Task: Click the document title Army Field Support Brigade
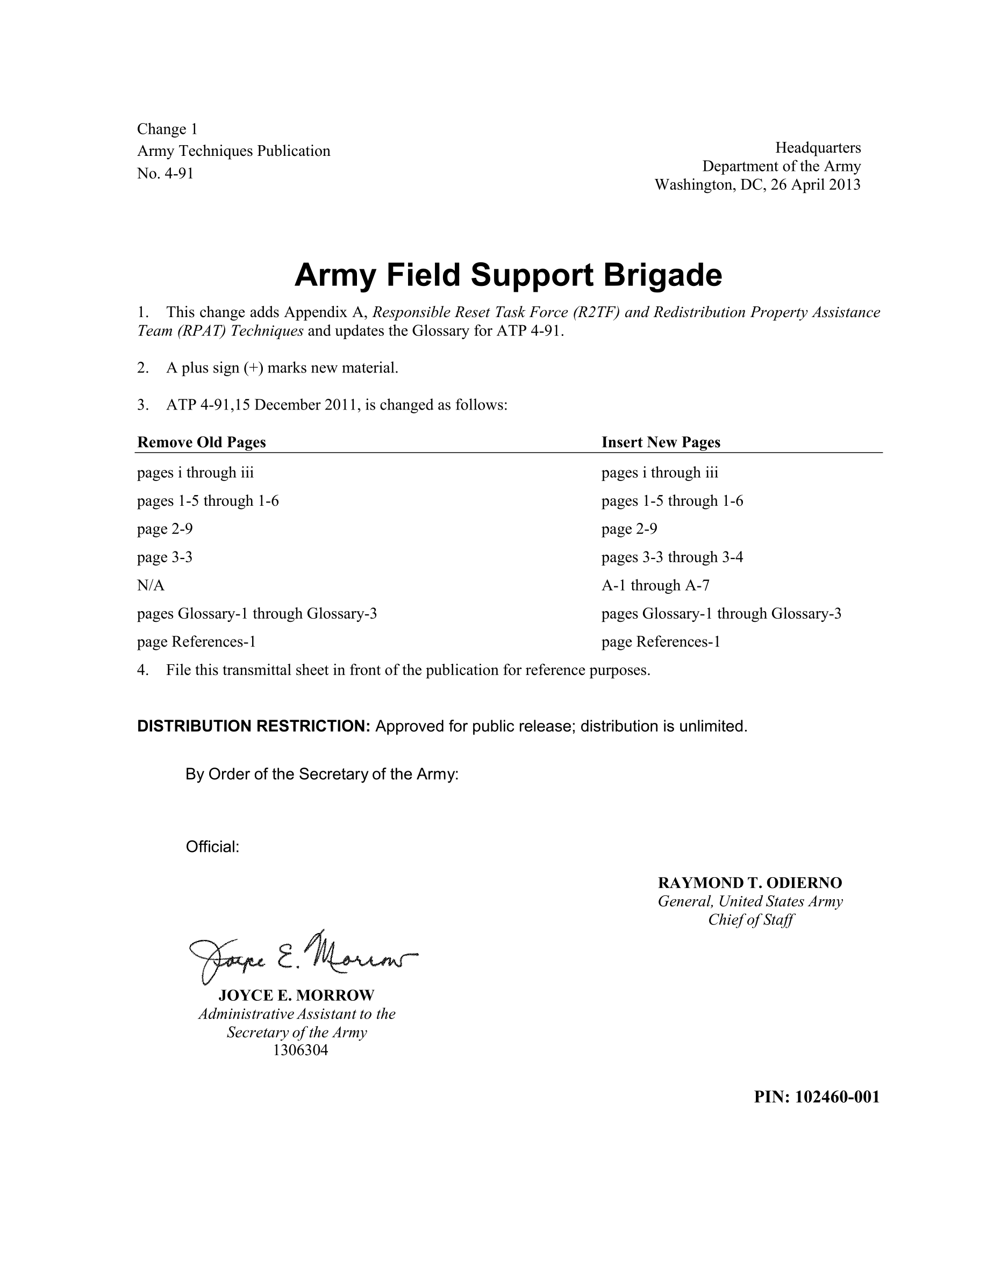tap(507, 275)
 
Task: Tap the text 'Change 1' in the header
tap(167, 128)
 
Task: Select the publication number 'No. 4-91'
tap(165, 173)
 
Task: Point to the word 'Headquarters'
tap(818, 147)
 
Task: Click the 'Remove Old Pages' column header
tap(201, 442)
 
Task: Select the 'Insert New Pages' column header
tap(660, 442)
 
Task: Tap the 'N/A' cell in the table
tap(151, 585)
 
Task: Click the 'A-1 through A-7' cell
tap(655, 585)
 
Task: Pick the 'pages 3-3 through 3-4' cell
tap(672, 557)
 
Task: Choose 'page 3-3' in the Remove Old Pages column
tap(164, 557)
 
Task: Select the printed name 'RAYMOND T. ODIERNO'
tap(749, 883)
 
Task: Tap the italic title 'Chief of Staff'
tap(751, 920)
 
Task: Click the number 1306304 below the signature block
tap(300, 1050)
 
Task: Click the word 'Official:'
tap(212, 846)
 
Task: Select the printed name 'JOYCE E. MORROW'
tap(296, 995)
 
